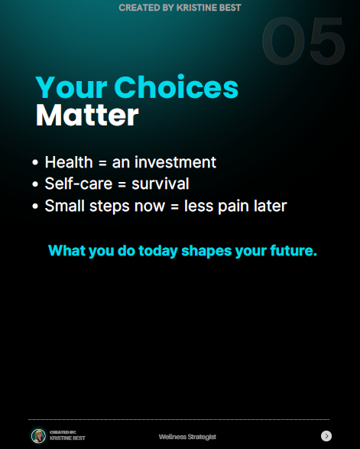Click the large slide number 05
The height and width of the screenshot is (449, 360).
[303, 41]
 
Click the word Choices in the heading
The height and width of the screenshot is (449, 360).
[177, 87]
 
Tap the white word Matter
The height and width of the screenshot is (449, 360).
[87, 115]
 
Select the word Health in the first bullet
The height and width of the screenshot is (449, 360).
[69, 162]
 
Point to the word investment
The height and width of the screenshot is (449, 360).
[176, 162]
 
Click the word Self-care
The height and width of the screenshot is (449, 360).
[79, 184]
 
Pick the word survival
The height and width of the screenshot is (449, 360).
[161, 184]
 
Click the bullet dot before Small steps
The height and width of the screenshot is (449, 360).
[35, 206]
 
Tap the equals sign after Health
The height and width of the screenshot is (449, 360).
[102, 163]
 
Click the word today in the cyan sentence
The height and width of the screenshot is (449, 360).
[158, 251]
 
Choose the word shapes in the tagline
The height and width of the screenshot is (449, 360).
[206, 251]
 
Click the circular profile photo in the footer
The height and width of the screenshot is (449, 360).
[39, 436]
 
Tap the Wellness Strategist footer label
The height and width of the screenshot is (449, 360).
[187, 437]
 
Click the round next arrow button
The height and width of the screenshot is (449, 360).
[326, 436]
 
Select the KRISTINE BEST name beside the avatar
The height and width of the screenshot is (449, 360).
[67, 438]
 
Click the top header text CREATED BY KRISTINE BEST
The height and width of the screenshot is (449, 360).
[180, 8]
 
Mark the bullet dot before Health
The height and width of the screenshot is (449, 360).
[35, 162]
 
